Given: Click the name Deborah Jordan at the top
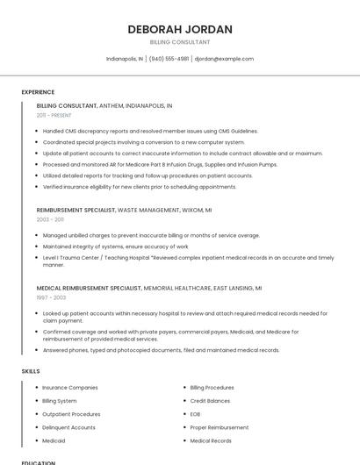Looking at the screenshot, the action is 180,29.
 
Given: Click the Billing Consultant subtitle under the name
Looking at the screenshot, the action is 180,42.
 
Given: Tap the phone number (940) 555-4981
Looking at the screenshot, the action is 169,59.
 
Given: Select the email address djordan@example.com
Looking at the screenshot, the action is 224,59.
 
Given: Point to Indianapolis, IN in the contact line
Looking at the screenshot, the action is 124,59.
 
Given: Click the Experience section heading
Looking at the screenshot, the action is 38,92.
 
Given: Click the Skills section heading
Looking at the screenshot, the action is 31,371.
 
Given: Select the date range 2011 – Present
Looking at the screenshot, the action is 54,115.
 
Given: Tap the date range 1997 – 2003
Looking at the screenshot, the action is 51,297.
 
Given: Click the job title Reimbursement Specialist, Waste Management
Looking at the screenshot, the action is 124,211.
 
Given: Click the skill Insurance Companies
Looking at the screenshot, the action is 70,387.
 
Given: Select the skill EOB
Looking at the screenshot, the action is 195,414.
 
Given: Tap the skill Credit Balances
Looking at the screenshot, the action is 210,401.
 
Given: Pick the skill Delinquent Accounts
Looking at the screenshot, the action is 68,427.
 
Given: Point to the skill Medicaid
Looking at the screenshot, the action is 54,440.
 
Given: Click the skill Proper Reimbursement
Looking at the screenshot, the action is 219,427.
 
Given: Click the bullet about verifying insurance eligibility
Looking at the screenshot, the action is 140,187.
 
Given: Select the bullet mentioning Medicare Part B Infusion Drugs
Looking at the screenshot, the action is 160,164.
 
